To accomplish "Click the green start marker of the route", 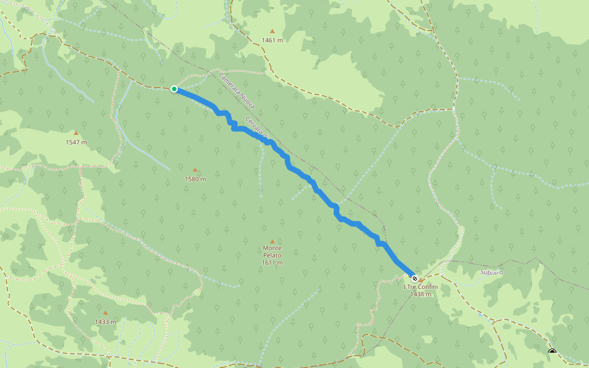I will pyautogui.click(x=174, y=89).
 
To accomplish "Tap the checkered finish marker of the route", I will pyautogui.click(x=415, y=278).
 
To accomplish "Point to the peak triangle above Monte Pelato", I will pyautogui.click(x=272, y=242).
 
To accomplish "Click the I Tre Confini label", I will pyautogui.click(x=421, y=287).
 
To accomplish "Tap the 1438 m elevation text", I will pyautogui.click(x=421, y=294).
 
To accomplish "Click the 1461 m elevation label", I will pyautogui.click(x=272, y=40).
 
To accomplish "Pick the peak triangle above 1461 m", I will pyautogui.click(x=272, y=31).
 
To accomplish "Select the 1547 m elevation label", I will pyautogui.click(x=76, y=142).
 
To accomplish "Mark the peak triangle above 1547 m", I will pyautogui.click(x=76, y=132).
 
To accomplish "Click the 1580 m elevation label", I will pyautogui.click(x=195, y=179).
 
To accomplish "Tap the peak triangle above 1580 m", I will pyautogui.click(x=195, y=170).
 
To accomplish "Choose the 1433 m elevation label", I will pyautogui.click(x=106, y=321).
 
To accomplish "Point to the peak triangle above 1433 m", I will pyautogui.click(x=106, y=312).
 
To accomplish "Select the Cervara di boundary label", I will pyautogui.click(x=257, y=129).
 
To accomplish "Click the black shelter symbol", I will pyautogui.click(x=552, y=352).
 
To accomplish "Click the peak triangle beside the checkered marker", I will pyautogui.click(x=421, y=280).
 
